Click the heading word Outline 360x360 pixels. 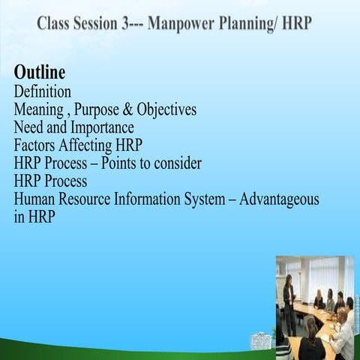(x=39, y=73)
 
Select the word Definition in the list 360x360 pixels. (x=43, y=91)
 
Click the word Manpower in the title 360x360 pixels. (x=181, y=22)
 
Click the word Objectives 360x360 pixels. (x=165, y=109)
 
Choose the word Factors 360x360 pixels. (x=37, y=145)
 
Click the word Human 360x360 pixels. (x=36, y=199)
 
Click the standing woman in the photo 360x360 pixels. (x=288, y=300)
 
